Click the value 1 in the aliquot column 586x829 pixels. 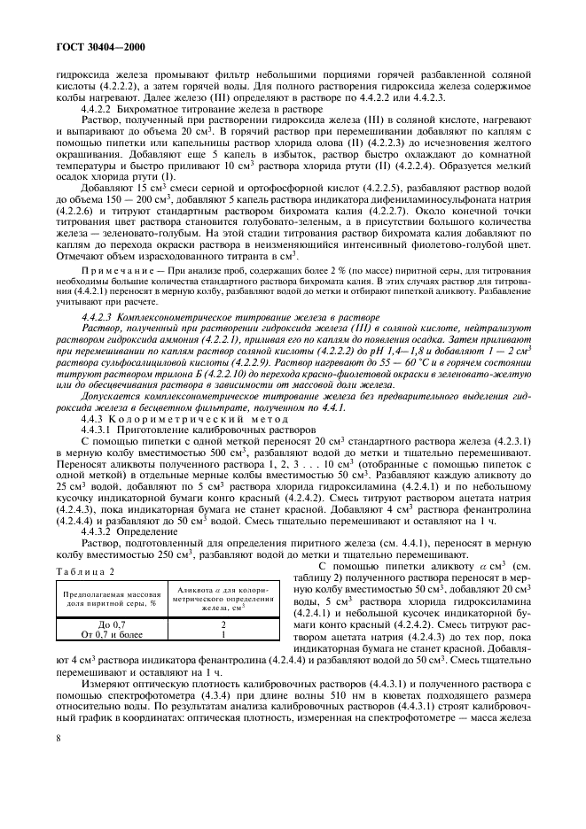pyautogui.click(x=223, y=658)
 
